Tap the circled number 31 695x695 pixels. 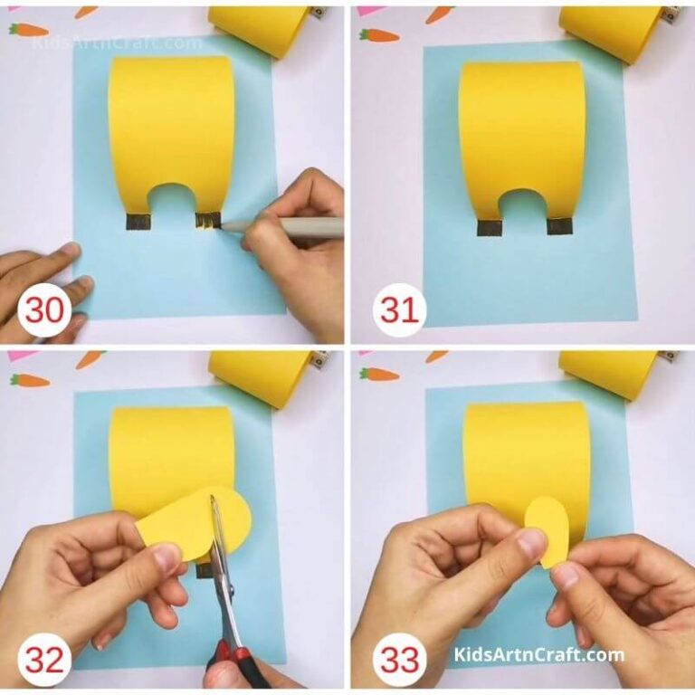(398, 310)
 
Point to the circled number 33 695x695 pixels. (398, 660)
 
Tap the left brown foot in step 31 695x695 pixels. (488, 226)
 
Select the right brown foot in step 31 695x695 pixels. (557, 226)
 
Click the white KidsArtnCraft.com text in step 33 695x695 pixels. (539, 654)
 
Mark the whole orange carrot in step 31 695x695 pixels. (378, 35)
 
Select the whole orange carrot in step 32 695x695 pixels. (29, 380)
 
